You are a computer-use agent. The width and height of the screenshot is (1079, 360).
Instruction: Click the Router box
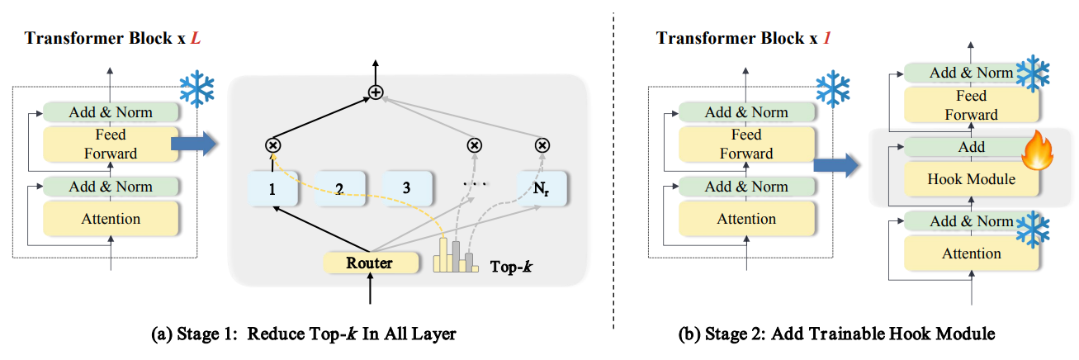pyautogui.click(x=368, y=263)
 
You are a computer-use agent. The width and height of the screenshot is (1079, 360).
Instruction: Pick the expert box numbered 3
pyautogui.click(x=406, y=188)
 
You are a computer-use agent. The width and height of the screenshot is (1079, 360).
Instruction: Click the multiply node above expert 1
pyautogui.click(x=272, y=145)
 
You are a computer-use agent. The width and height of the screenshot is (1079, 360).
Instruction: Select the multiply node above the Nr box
pyautogui.click(x=542, y=145)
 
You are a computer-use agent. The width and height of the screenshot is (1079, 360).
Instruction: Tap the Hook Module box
pyautogui.click(x=971, y=178)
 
